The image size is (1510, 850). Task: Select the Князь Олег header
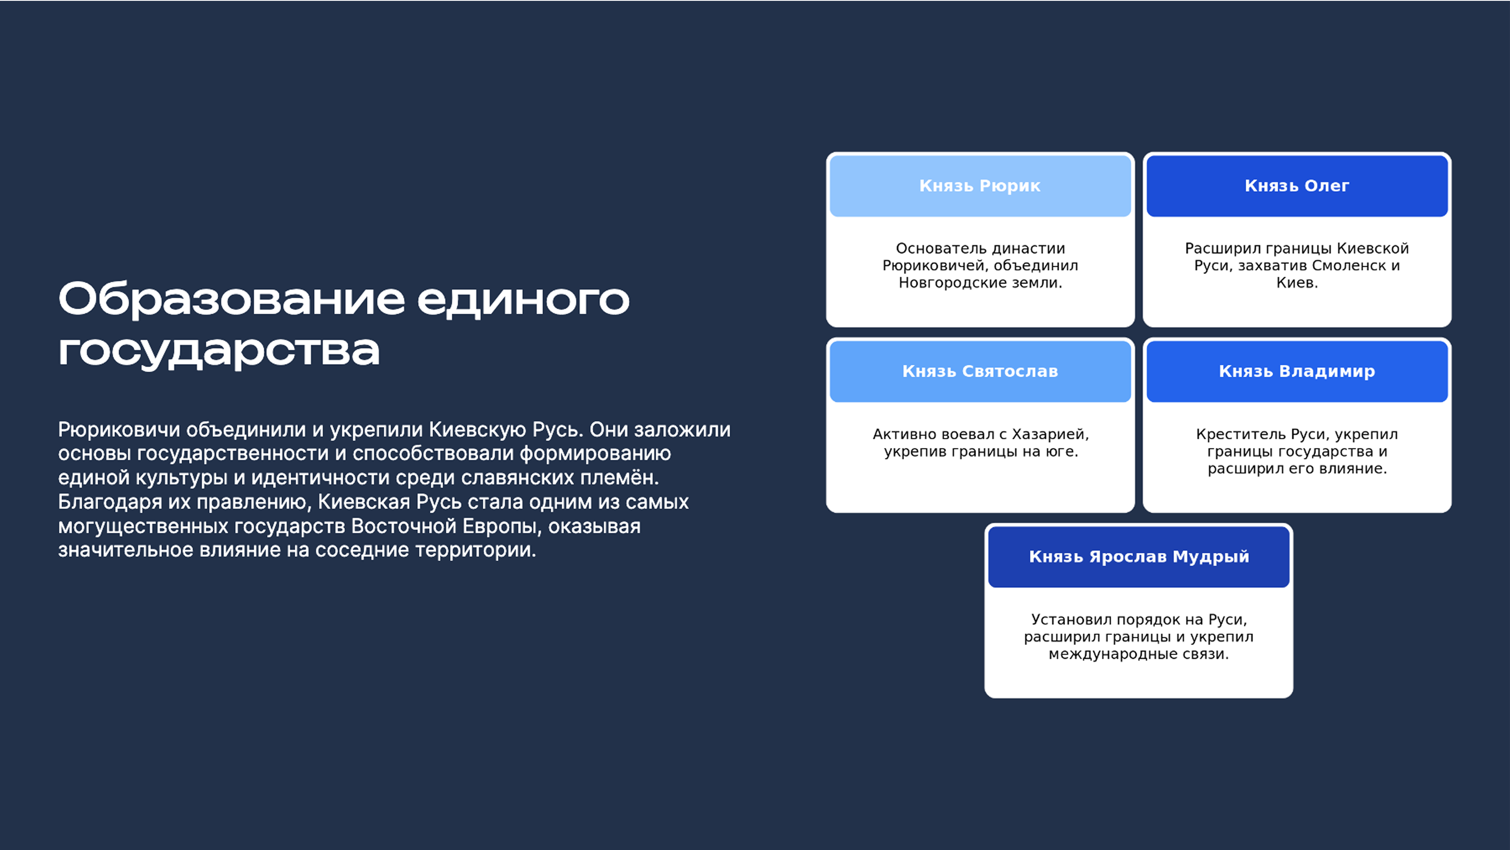(1297, 186)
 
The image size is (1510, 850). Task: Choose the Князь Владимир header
(1297, 371)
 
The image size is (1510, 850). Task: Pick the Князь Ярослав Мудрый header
(1138, 556)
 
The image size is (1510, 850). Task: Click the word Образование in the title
(231, 300)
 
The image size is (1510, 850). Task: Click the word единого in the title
(523, 300)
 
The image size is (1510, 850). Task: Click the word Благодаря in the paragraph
(109, 502)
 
